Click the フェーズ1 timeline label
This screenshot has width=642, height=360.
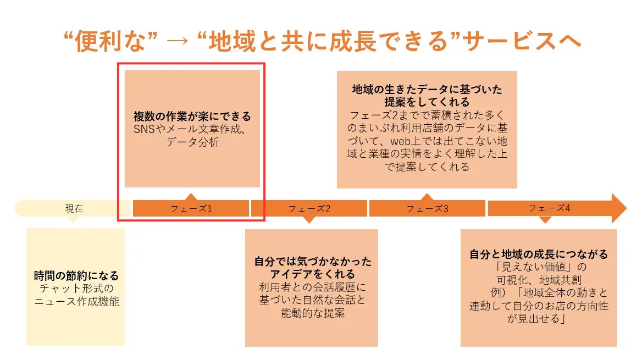pos(191,209)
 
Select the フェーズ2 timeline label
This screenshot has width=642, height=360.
pos(309,209)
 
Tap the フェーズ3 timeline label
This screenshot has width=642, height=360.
pos(428,209)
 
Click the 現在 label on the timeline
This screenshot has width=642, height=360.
pos(74,209)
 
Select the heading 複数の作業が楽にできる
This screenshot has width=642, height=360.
pos(192,117)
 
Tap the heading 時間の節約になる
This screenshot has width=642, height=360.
pos(76,276)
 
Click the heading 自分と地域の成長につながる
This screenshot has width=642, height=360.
pos(539,254)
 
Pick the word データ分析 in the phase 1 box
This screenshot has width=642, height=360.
pos(192,142)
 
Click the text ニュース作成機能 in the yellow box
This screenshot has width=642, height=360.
pos(76,301)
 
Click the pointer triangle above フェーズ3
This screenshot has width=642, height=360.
pos(427,197)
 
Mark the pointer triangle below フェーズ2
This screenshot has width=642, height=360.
pos(309,220)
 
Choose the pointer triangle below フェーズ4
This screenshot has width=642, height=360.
pos(545,220)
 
